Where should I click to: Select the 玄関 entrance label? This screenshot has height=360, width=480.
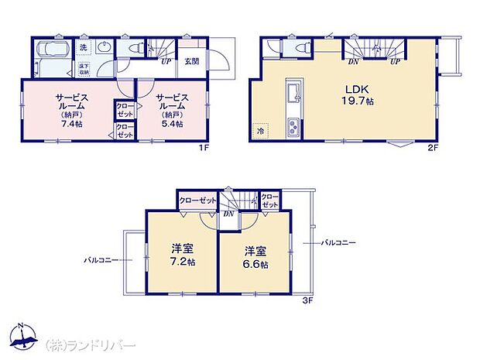[x=192, y=62]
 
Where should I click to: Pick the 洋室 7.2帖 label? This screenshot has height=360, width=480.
[x=183, y=256]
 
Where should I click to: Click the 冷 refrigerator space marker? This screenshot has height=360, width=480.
[x=261, y=132]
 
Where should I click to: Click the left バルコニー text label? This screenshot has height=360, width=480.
[x=101, y=260]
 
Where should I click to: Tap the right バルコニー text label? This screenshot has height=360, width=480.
[x=340, y=242]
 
